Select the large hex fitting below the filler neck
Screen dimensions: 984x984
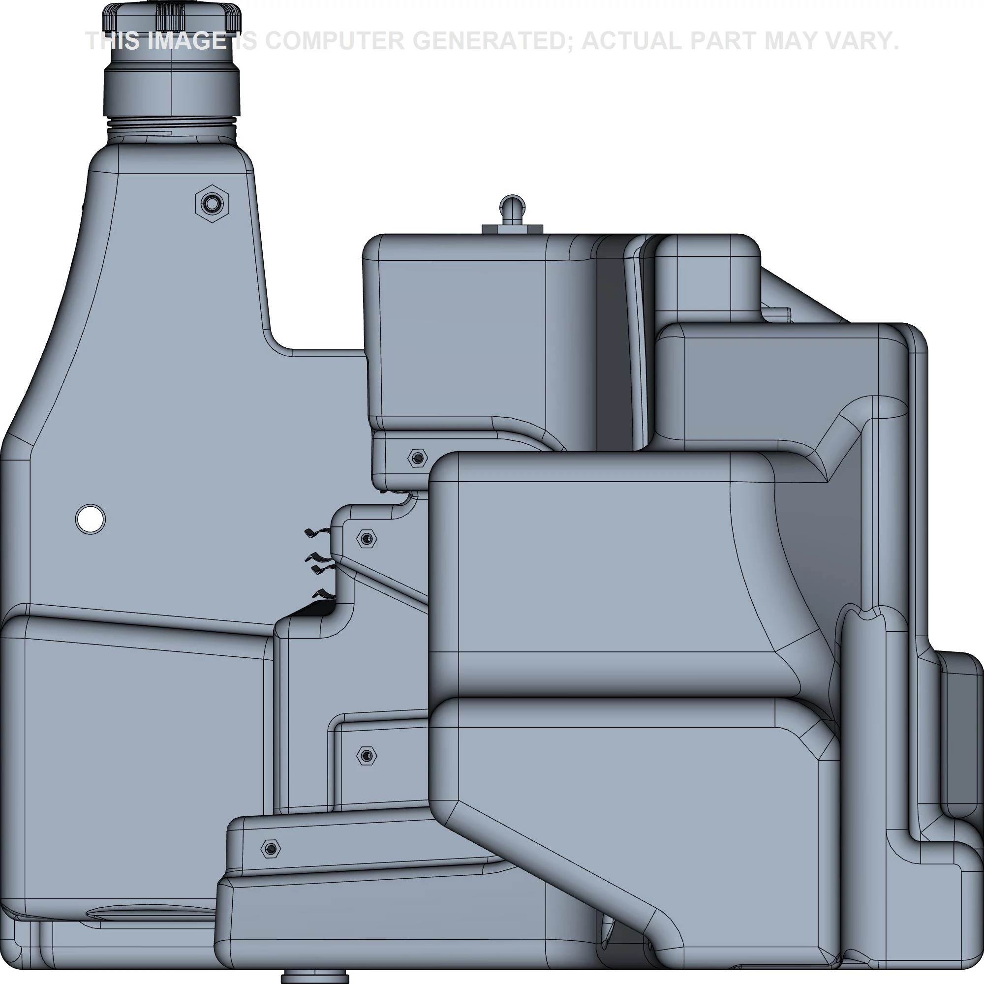[x=212, y=203]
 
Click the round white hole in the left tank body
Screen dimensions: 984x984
[x=90, y=519]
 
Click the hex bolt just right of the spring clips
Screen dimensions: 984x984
[x=366, y=538]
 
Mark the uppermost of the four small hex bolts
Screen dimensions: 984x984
[x=418, y=458]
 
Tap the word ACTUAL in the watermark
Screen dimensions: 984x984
[x=631, y=41]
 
